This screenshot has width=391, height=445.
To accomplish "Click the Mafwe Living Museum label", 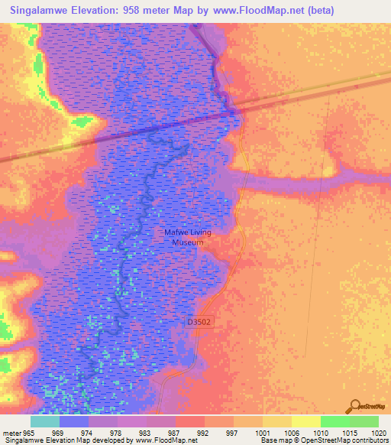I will [x=187, y=236].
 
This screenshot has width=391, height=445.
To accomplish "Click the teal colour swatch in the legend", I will [x=45, y=421].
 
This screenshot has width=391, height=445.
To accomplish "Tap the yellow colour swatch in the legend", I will [x=306, y=421].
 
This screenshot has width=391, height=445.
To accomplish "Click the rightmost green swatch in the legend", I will [x=364, y=421].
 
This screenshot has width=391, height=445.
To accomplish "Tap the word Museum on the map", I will [x=187, y=242].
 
